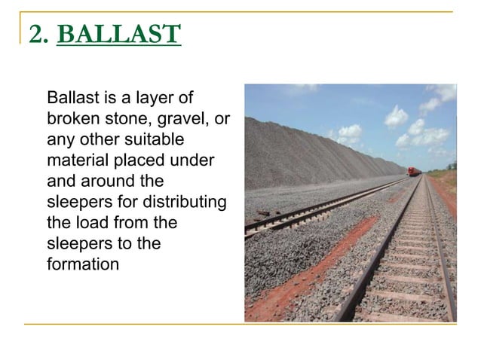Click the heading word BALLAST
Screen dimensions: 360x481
pos(118,35)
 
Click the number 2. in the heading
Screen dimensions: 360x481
pos(38,35)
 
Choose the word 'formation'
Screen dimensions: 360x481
pos(82,265)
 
